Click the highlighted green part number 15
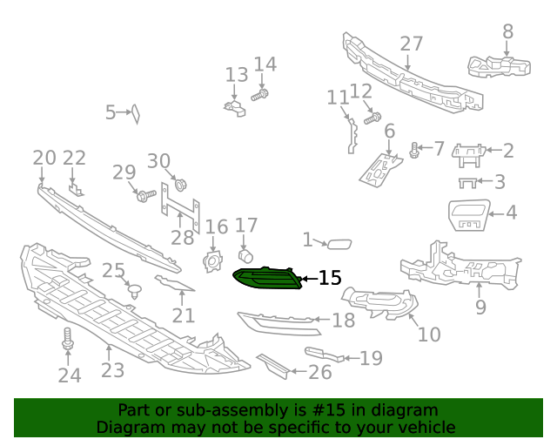tap(267, 279)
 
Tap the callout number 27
tap(411, 44)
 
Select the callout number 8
tap(508, 31)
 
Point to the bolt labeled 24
tap(68, 341)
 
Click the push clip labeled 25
tap(135, 291)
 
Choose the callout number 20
tap(44, 158)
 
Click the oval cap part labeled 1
tap(339, 244)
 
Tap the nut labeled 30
tap(181, 185)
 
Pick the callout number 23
tap(112, 370)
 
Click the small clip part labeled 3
tap(469, 182)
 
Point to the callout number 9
tap(480, 307)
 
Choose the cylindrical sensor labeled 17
tap(245, 255)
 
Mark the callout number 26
tap(320, 373)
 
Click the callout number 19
tap(371, 357)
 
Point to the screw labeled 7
tap(415, 151)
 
